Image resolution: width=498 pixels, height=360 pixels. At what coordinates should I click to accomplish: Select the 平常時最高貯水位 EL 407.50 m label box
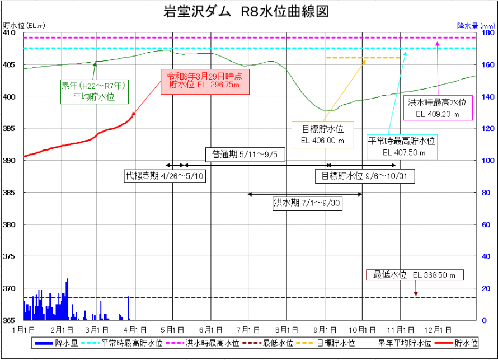401,146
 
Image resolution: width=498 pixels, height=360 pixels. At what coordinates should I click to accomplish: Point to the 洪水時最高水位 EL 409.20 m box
437,108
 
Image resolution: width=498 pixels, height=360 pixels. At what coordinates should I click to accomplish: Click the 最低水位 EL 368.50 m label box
415,275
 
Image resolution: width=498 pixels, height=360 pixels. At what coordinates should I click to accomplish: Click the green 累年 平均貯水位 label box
94,91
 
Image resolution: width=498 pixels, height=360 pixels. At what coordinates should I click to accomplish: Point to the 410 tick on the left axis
11,33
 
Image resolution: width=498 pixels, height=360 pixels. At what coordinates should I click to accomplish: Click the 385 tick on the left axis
11,193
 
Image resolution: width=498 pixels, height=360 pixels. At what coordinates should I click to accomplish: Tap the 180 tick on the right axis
487,33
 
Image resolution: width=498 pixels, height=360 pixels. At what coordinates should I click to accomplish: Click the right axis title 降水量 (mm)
476,25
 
